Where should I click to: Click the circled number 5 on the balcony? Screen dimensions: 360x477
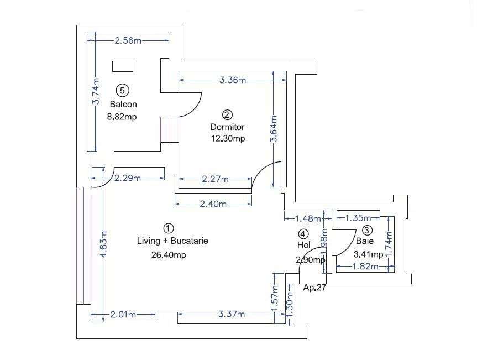point(123,90)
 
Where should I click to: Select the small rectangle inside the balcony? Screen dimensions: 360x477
point(123,66)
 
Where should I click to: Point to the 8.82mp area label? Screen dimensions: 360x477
point(122,116)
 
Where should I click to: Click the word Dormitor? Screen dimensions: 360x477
point(227,127)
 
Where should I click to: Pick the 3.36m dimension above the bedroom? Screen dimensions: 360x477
point(232,80)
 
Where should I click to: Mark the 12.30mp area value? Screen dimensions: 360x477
point(227,139)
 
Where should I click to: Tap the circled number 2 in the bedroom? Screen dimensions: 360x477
point(227,114)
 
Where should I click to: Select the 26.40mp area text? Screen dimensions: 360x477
point(168,255)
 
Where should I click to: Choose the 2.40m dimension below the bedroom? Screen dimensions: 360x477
point(213,204)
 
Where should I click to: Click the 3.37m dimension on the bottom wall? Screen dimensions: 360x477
point(232,314)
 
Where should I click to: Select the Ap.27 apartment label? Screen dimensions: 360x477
point(314,288)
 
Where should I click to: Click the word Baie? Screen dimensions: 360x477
point(364,241)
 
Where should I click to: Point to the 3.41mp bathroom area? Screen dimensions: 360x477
point(368,255)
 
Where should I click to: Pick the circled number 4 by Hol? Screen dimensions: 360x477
point(303,234)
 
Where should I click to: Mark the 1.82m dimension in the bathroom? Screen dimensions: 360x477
point(364,267)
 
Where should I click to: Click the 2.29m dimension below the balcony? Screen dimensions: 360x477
point(128,178)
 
